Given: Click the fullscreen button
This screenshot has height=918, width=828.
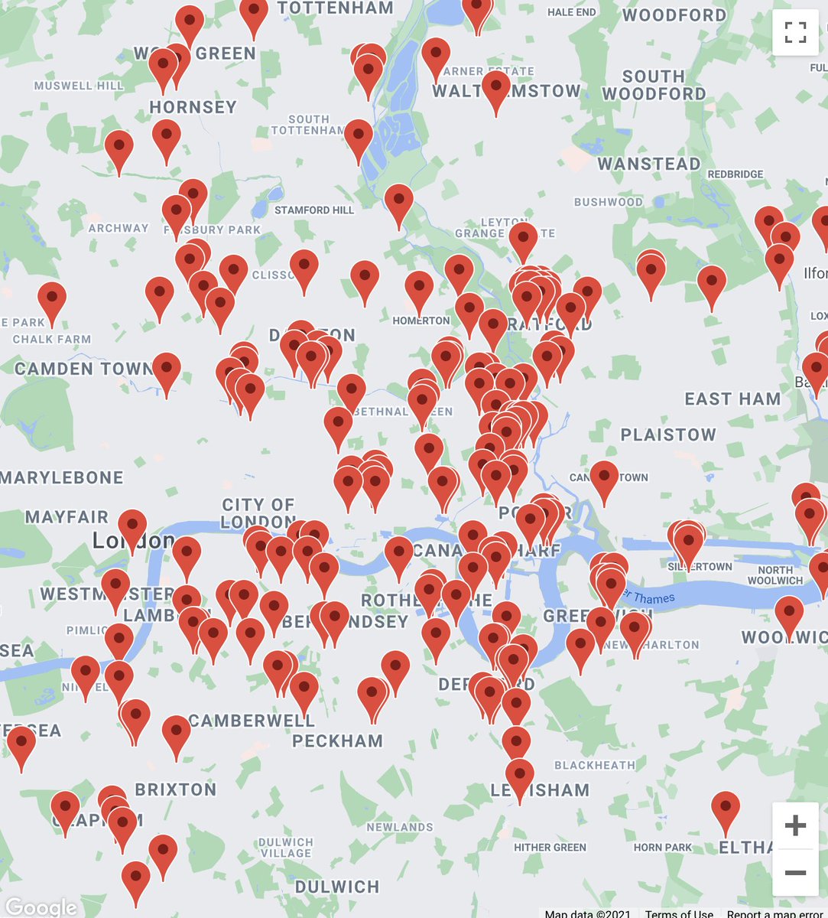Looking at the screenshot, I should [x=795, y=32].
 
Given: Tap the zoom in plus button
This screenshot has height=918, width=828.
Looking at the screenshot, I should [x=795, y=825].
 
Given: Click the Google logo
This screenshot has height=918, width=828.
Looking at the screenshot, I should [x=40, y=907].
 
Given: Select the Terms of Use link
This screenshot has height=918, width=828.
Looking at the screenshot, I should [x=679, y=913].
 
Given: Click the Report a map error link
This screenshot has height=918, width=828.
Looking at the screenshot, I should [x=774, y=913].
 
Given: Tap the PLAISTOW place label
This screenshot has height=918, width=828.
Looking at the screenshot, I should [x=668, y=435].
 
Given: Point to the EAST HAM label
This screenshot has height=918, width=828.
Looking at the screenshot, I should [x=732, y=399].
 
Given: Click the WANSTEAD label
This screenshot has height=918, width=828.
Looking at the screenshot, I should [x=648, y=164].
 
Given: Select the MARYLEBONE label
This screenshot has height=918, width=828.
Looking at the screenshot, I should [x=62, y=478].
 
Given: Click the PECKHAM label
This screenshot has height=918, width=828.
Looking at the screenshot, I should [x=337, y=741].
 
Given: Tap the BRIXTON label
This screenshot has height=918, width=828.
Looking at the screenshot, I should [x=175, y=789].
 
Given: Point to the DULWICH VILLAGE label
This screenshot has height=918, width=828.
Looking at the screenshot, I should [x=286, y=848].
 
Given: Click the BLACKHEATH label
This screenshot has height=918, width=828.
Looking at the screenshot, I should [x=595, y=765].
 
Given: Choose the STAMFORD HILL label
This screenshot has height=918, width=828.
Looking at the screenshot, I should [x=314, y=210].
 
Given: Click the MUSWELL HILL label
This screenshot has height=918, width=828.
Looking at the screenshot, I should [x=79, y=86].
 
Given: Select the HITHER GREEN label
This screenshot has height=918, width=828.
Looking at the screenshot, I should [x=550, y=848].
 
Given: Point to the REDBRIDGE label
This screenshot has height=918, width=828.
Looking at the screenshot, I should [x=735, y=174].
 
